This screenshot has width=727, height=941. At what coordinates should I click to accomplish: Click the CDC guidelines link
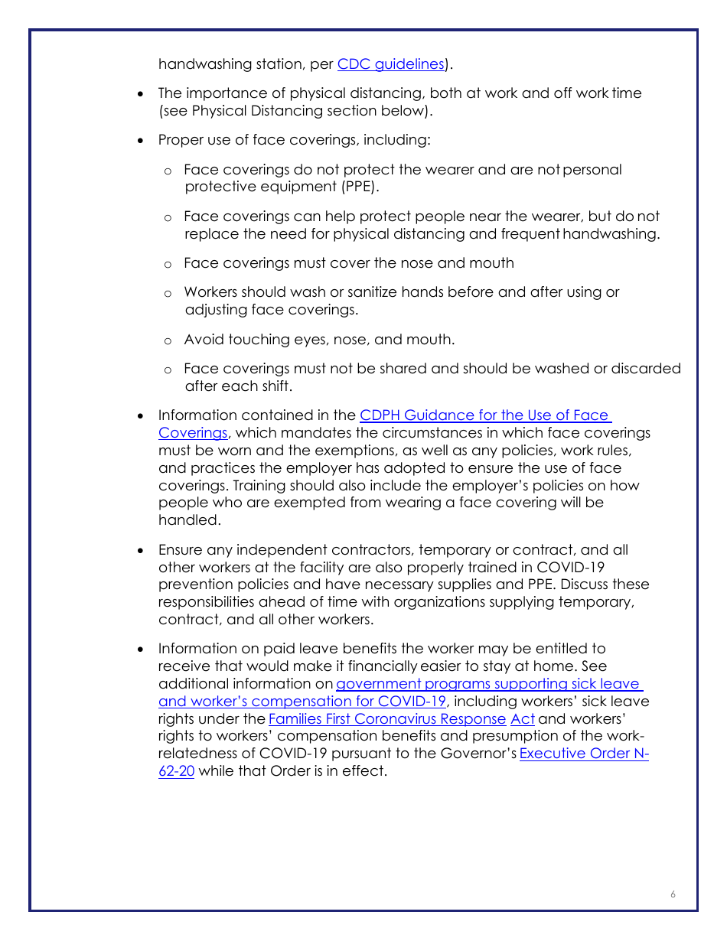coord(390,64)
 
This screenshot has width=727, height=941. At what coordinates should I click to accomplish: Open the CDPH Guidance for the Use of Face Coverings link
coord(485,415)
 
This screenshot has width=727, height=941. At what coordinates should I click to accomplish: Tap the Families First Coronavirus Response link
coord(386,719)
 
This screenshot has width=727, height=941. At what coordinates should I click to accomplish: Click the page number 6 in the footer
coord(673,894)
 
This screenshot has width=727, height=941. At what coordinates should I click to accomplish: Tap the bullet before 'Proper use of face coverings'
coord(140,141)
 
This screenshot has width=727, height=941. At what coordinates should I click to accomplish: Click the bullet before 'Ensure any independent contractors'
coord(140,551)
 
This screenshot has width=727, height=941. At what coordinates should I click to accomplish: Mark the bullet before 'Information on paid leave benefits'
coord(140,650)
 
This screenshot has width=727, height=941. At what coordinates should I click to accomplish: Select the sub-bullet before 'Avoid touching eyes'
coord(168,340)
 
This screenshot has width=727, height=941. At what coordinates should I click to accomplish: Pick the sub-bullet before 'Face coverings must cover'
coord(168,264)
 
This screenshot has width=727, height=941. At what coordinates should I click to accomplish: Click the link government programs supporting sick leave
coord(488,684)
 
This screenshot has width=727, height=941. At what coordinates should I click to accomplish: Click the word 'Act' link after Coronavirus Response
coord(522,719)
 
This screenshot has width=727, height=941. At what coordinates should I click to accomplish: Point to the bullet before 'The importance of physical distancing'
coord(140,94)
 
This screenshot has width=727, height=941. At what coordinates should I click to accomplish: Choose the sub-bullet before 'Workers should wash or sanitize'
coord(168,293)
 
